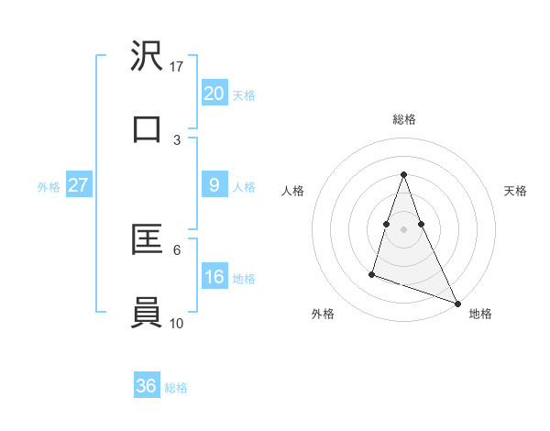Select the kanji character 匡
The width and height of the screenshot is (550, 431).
tap(147, 239)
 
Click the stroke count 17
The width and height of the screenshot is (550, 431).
tap(177, 67)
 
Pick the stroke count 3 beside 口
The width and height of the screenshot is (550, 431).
tap(177, 139)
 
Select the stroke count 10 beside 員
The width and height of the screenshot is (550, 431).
tap(177, 323)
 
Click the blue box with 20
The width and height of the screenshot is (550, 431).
tap(214, 94)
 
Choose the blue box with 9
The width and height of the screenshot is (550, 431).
tap(214, 185)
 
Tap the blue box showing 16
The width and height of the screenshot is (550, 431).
tap(214, 277)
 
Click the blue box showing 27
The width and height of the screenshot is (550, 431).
tap(78, 185)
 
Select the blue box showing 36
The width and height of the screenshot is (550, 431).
tap(147, 386)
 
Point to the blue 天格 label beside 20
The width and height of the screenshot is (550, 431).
tap(244, 95)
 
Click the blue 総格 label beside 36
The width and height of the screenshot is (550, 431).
tap(176, 388)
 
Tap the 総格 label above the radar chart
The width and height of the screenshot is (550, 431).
tap(403, 119)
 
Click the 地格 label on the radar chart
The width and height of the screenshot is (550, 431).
tap(480, 314)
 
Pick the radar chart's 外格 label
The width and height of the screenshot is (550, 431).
tap(324, 314)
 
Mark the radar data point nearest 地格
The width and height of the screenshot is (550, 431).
tap(456, 304)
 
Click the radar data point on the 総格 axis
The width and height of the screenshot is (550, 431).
tap(403, 175)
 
